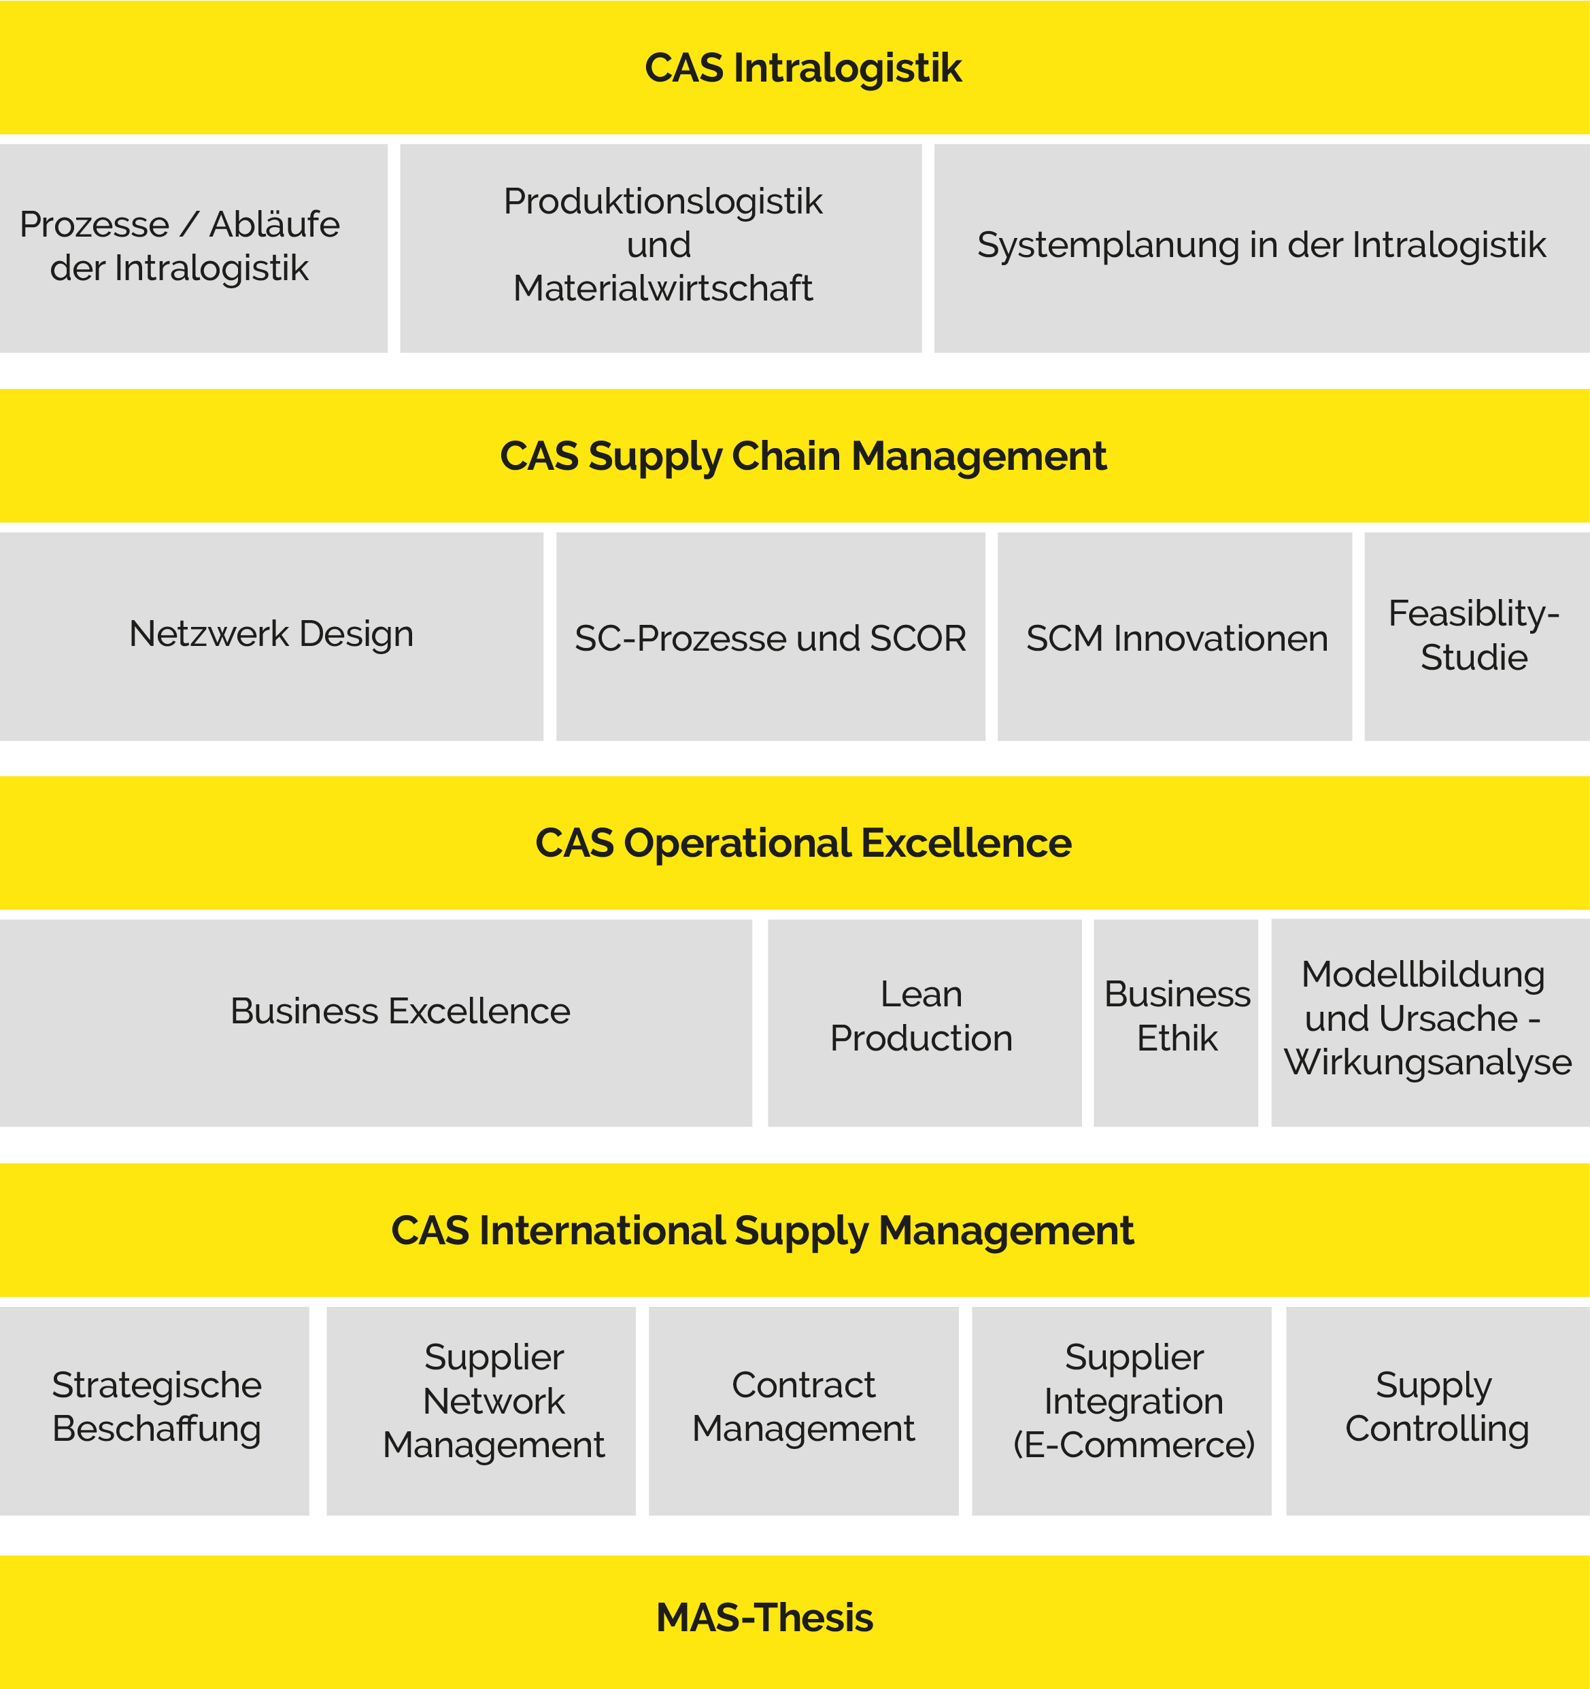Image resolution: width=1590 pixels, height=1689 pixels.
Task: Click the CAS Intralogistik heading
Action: (x=802, y=68)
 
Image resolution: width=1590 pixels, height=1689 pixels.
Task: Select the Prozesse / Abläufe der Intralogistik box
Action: (x=193, y=248)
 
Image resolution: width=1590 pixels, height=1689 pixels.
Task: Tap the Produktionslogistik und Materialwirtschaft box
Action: (x=660, y=248)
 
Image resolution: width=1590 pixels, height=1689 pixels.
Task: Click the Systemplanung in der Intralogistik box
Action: (x=1261, y=248)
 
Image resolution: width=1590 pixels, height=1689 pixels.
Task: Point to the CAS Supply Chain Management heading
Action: (x=802, y=456)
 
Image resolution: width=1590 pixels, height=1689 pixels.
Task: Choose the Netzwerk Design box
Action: (x=271, y=636)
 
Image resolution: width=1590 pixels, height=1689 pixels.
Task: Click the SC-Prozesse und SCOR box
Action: (x=770, y=637)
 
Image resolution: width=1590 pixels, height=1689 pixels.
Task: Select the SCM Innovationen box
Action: (x=1174, y=637)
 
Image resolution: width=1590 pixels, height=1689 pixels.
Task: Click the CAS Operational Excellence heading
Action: (x=802, y=843)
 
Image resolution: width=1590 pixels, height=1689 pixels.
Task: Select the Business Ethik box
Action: (x=1175, y=1022)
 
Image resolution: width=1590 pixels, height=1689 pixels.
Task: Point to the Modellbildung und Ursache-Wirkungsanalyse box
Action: (x=1430, y=1022)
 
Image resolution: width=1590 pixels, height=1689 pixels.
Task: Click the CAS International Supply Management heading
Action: (x=762, y=1230)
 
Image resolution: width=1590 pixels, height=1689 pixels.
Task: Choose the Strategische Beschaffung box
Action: (x=154, y=1410)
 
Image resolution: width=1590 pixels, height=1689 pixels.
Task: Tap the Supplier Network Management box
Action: (x=481, y=1410)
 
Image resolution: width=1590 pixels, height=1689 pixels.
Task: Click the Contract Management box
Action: (x=803, y=1410)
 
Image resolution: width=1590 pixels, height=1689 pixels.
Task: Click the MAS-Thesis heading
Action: (x=765, y=1618)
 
